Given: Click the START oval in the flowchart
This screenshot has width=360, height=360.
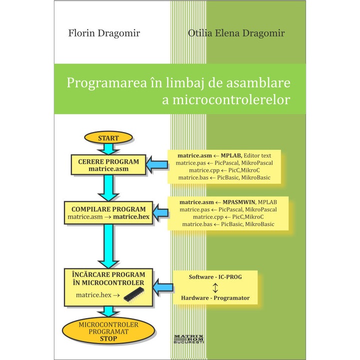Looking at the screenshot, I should click(x=108, y=137).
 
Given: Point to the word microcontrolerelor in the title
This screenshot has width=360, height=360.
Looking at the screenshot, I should click(x=233, y=99).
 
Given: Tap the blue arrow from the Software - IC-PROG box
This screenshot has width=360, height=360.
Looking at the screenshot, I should click(x=161, y=286).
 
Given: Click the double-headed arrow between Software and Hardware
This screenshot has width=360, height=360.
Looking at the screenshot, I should click(x=215, y=287).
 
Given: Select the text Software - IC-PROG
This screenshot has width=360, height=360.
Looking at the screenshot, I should click(x=215, y=276).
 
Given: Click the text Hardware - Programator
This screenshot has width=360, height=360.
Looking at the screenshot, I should click(x=215, y=298).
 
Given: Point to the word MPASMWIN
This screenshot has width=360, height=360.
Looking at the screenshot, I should click(x=237, y=202).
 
